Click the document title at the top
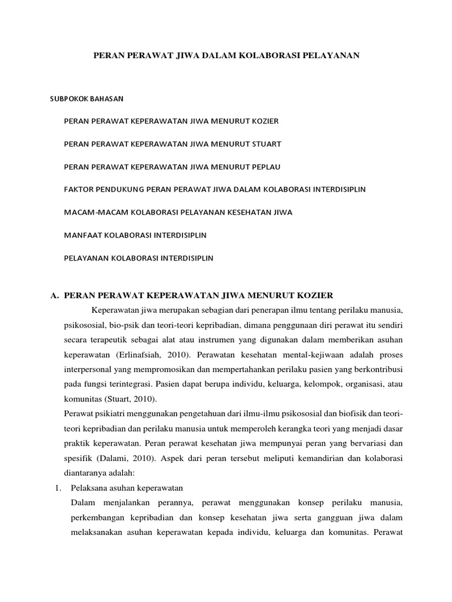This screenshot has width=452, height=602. tap(227, 55)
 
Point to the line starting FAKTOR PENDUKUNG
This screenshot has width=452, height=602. tap(214, 189)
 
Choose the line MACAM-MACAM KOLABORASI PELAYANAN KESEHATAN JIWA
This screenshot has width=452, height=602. tap(178, 212)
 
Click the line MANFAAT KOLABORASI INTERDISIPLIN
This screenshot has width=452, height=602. tap(138, 235)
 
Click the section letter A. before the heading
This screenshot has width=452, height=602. tap(54, 294)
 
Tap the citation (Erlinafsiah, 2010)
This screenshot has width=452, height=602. tap(152, 355)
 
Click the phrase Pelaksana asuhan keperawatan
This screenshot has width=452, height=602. tap(127, 488)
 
